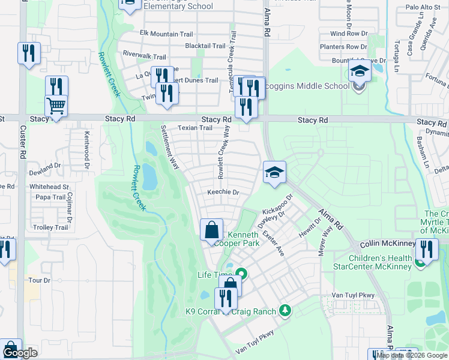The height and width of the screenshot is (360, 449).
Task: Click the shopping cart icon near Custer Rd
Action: click(56, 106)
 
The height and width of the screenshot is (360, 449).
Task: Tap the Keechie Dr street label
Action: click(223, 193)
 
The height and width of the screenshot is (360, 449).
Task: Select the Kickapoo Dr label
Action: click(277, 205)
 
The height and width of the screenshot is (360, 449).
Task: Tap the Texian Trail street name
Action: click(195, 128)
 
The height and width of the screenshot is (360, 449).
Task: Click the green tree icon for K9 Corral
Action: click(286, 310)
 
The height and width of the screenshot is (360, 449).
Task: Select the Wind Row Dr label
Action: click(348, 34)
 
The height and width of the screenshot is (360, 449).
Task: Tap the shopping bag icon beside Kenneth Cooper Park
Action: click(211, 230)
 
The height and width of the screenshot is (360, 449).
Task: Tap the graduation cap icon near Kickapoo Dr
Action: click(274, 173)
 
